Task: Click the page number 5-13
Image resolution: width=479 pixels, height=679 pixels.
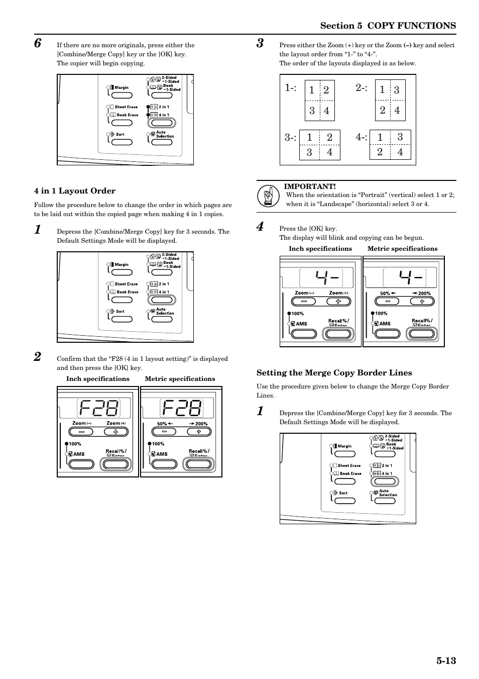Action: click(446, 660)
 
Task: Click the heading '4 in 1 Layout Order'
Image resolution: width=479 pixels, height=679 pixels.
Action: click(75, 191)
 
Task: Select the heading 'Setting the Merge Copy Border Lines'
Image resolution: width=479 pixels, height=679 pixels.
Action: click(334, 373)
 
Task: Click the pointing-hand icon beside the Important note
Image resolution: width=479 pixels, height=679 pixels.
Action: click(268, 196)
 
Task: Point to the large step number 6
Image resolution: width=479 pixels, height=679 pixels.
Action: click(38, 43)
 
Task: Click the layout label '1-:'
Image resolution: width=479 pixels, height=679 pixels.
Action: click(291, 88)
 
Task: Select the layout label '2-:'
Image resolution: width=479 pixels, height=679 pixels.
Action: click(362, 88)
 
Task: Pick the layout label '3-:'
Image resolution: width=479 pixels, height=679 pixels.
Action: click(291, 137)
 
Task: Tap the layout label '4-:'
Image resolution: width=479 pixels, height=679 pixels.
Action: click(362, 137)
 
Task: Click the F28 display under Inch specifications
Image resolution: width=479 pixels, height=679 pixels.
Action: click(98, 408)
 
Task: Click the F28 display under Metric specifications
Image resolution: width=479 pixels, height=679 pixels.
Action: click(181, 408)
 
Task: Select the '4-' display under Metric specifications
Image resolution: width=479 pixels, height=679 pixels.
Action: click(410, 277)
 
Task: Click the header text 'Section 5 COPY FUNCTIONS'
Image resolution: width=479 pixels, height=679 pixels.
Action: click(388, 26)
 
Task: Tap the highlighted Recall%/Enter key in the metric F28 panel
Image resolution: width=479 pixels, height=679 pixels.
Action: click(199, 464)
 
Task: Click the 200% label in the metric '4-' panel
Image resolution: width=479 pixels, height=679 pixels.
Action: click(424, 294)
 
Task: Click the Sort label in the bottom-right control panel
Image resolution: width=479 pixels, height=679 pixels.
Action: click(343, 493)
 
